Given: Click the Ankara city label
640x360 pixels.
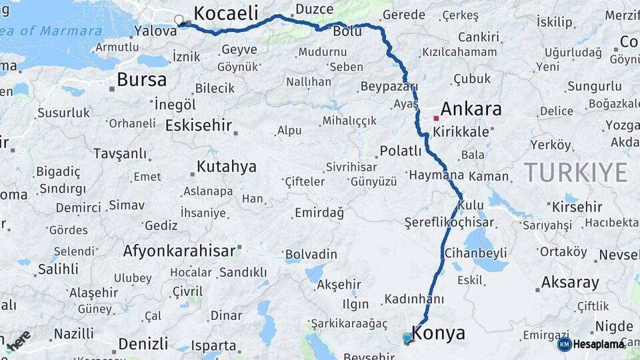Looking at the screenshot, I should coord(471,109).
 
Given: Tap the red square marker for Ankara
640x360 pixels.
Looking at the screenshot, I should coord(436,118).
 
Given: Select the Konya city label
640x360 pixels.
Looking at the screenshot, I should coord(439,333).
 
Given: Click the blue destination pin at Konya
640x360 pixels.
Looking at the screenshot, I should coord(407,338).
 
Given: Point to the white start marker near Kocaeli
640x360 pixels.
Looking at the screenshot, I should coord(179,20).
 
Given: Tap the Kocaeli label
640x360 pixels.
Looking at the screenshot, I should coord(225,13).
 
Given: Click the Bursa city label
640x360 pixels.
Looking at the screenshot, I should coord(141,80).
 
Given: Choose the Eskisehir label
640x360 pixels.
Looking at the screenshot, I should coord(199,125).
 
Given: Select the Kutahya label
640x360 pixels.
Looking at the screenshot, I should coord(227,167).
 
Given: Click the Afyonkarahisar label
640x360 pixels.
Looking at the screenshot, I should coord(179,251).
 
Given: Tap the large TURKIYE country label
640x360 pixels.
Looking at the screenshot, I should coord(575,172).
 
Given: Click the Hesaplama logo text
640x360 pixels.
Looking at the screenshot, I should coord(599,344).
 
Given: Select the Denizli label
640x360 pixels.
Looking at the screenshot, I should coord(143,344).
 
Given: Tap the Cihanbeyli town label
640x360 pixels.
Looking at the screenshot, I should coord(476,253).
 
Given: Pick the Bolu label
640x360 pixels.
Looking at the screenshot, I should coord(347,31).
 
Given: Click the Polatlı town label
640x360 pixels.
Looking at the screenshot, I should coord(401,151).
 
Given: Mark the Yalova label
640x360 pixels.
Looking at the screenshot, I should coord(155,31).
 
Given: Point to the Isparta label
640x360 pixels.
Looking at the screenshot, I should coord(213,345).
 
